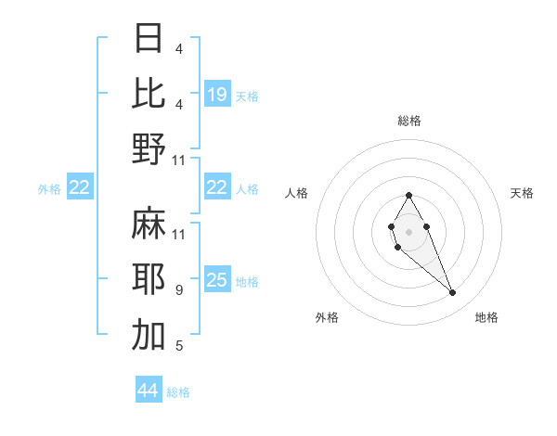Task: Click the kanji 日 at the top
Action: [x=149, y=39]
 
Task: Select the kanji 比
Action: [x=149, y=93]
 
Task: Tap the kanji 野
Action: [x=149, y=148]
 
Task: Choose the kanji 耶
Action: [x=149, y=279]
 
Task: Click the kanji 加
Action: [x=149, y=336]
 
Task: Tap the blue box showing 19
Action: [x=217, y=94]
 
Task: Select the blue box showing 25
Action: [x=217, y=280]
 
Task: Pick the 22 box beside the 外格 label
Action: [x=79, y=188]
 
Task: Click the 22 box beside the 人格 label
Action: [x=217, y=187]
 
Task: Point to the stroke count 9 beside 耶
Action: [x=178, y=290]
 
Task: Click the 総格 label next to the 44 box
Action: [x=179, y=392]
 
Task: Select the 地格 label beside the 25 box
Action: [x=247, y=281]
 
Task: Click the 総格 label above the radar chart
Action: [x=408, y=121]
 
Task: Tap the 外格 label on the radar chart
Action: [x=327, y=317]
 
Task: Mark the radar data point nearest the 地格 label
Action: [x=453, y=293]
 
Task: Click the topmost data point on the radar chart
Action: [x=408, y=195]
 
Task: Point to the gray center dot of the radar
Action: [x=408, y=230]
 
